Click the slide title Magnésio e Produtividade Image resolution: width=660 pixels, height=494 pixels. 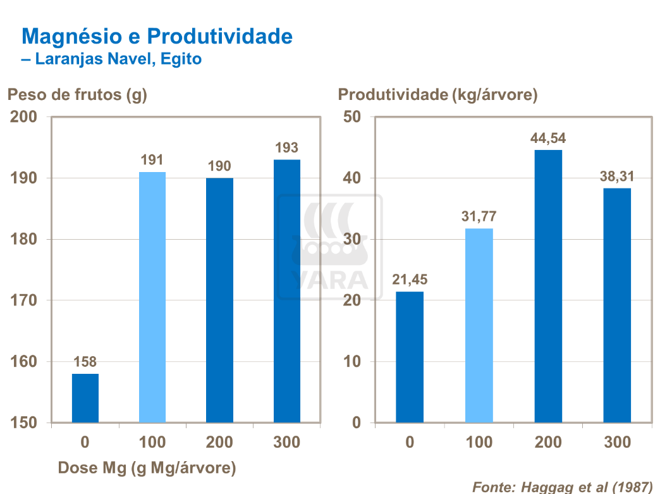point(157,36)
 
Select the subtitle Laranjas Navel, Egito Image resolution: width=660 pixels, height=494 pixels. point(111,59)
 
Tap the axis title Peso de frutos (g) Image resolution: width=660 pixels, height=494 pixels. point(76,95)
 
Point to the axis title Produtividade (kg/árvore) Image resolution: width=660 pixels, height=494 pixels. point(437,95)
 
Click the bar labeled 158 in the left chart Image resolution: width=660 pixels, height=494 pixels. point(85,398)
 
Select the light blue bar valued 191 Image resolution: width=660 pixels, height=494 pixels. point(152,297)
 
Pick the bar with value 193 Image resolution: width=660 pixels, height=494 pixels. point(287,291)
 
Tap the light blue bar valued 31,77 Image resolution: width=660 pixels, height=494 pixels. point(479,325)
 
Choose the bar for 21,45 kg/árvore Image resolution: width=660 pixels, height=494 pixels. point(410,357)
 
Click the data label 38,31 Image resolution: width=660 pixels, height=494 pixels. point(617,177)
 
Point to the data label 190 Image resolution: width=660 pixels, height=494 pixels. point(219,166)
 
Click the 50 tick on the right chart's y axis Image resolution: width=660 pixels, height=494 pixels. point(351,117)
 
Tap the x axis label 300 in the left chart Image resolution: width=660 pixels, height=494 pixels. point(287,442)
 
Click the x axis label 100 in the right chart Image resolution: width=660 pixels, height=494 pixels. point(479,442)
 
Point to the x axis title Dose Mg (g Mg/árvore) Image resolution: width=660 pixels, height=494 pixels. point(147,468)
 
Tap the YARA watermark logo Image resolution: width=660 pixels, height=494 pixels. point(330,247)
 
